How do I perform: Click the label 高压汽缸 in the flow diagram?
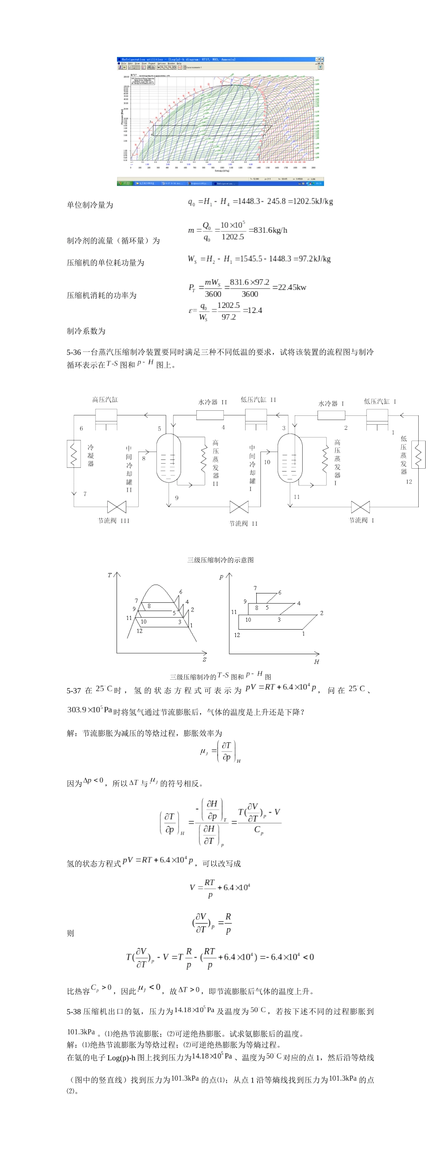(105, 400)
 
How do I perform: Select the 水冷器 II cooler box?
(210, 415)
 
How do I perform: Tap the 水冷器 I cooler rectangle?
(331, 415)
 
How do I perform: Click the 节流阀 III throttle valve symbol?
(117, 507)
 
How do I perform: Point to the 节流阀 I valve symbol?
(360, 507)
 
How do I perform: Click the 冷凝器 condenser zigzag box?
(74, 453)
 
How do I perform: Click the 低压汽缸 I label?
(380, 402)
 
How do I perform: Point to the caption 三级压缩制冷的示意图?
(220, 560)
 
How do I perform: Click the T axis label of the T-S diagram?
(110, 575)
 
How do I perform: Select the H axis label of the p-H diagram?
(317, 662)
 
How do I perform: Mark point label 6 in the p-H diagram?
(279, 593)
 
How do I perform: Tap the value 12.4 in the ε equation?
(255, 310)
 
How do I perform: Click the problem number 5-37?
(73, 691)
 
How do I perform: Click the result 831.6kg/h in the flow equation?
(270, 230)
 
